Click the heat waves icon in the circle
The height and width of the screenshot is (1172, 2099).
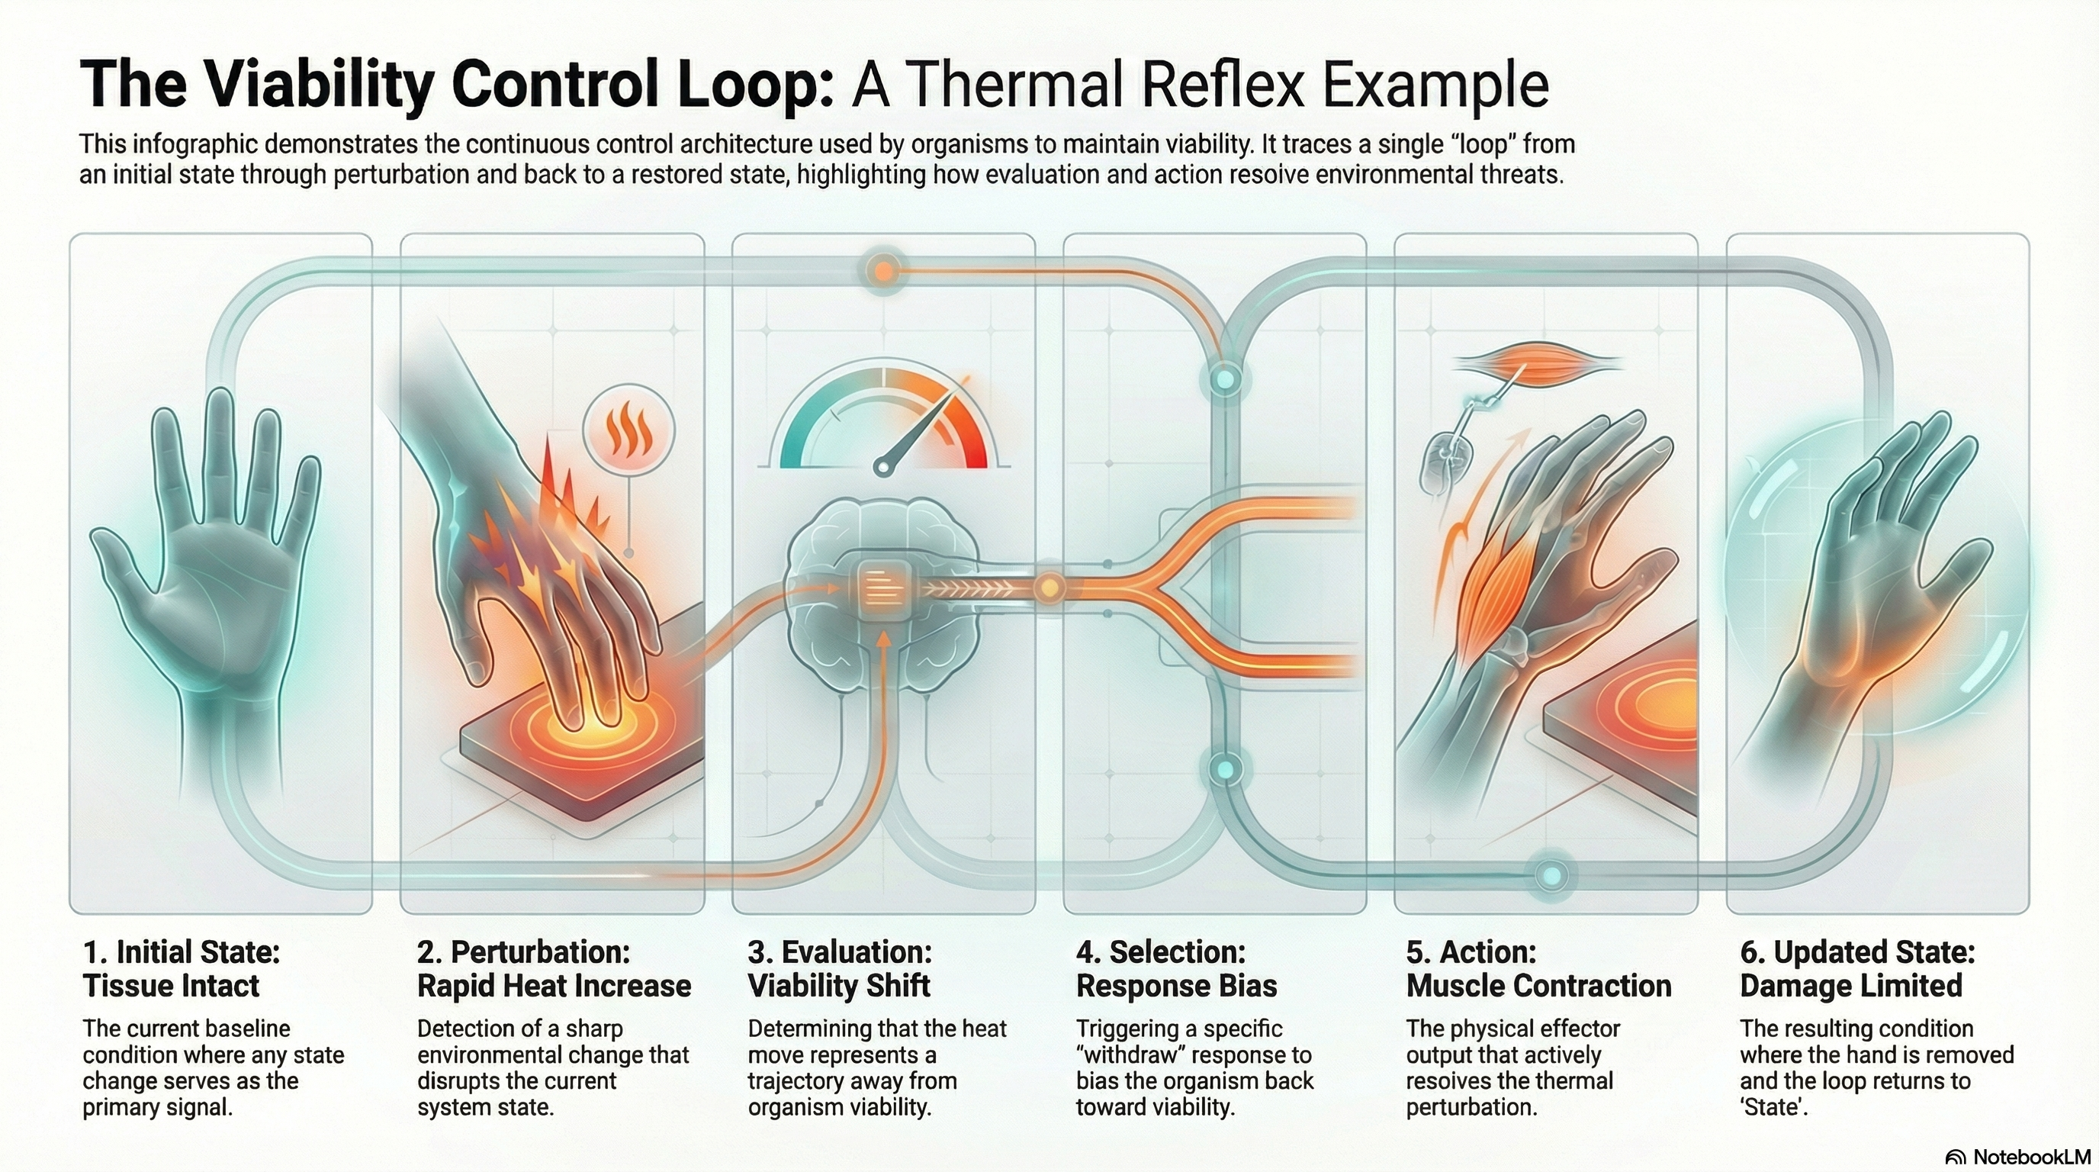[629, 432]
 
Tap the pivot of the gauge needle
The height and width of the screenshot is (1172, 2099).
[881, 467]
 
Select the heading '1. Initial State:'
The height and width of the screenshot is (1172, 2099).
[181, 952]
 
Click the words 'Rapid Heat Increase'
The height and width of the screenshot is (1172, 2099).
[553, 986]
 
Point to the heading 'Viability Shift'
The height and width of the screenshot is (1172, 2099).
[838, 986]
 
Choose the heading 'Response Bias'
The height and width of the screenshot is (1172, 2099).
[1176, 986]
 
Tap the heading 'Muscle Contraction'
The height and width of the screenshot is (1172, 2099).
[1538, 986]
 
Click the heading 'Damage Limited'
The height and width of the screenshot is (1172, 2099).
[1850, 986]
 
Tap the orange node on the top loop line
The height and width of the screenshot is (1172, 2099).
[882, 270]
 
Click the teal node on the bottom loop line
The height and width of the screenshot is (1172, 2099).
[1552, 875]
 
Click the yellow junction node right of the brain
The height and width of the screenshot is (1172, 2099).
[1049, 587]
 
